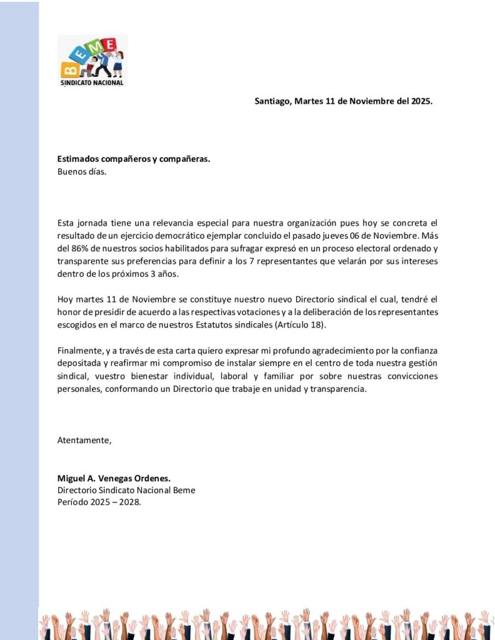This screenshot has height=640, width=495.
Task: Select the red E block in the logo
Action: pos(110,44)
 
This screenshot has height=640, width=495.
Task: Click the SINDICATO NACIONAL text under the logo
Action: pos(92,82)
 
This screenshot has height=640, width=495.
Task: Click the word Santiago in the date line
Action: pos(272,101)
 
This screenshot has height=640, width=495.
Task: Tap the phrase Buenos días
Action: pos(82,171)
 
